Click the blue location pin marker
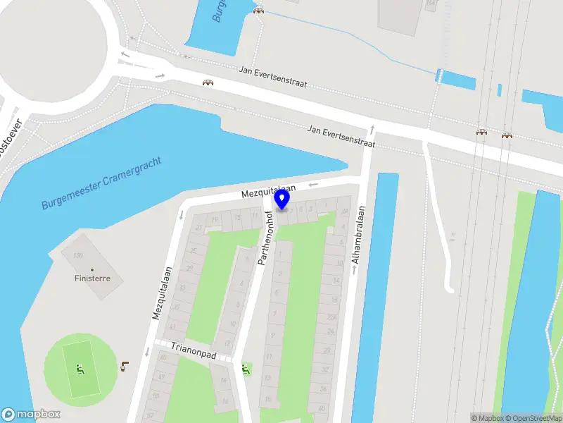(282, 200)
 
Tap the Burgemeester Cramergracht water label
(101, 183)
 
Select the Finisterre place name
(92, 278)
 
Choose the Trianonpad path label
(194, 348)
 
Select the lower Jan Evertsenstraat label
(341, 136)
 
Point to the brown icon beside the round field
(125, 366)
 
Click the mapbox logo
(31, 415)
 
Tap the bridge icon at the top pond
(259, 11)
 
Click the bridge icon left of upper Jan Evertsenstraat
(208, 83)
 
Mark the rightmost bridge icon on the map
(507, 134)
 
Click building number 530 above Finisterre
(78, 255)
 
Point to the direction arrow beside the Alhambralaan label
(354, 271)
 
